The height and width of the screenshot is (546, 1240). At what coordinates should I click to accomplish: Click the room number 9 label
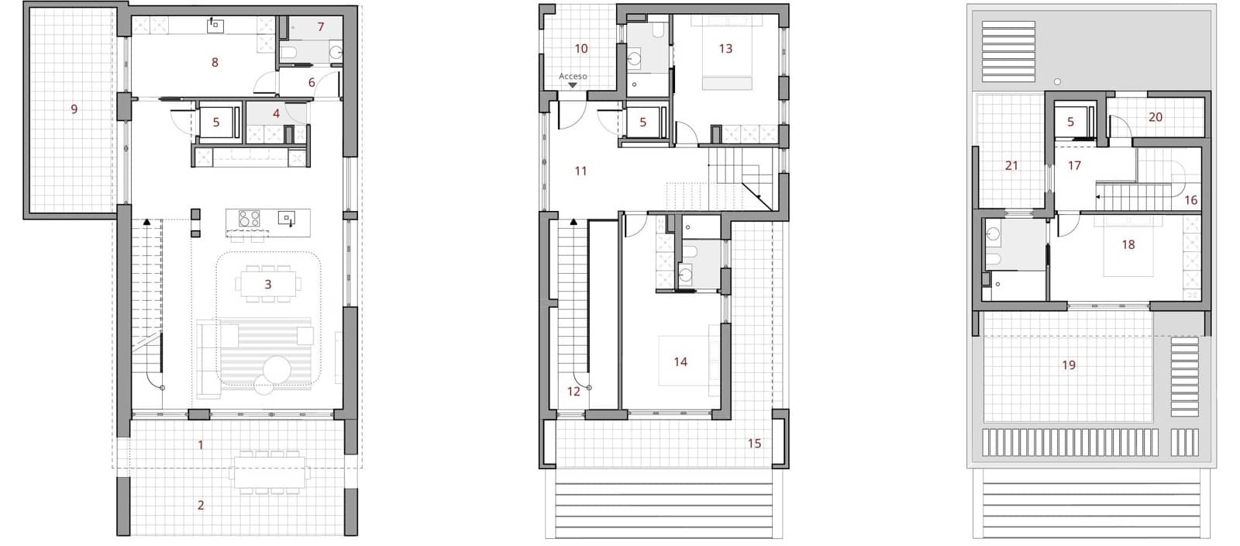click(74, 109)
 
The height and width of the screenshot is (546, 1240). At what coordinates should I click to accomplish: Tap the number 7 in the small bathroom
click(320, 27)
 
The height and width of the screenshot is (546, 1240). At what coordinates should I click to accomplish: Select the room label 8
click(215, 62)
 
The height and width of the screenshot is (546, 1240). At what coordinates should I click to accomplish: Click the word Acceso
click(573, 77)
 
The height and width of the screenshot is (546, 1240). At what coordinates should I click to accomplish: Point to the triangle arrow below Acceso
click(573, 85)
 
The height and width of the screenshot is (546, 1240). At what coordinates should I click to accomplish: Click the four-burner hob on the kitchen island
click(250, 218)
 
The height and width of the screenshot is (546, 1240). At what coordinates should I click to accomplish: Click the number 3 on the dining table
click(268, 285)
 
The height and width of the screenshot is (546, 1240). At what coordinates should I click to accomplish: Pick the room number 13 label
click(725, 49)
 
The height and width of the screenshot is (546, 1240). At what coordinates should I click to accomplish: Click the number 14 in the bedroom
click(680, 361)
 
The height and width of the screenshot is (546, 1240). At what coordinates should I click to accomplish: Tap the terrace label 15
click(754, 444)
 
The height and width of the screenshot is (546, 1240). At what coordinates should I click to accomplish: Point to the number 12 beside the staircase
click(573, 392)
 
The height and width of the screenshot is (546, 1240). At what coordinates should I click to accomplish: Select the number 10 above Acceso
click(581, 49)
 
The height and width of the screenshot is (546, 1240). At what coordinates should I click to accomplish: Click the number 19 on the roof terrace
click(1069, 365)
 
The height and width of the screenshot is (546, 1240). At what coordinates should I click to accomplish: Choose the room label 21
click(1011, 165)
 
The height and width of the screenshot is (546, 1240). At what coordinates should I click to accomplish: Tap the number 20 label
click(1156, 117)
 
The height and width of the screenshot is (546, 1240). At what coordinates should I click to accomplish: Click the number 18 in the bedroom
click(1128, 244)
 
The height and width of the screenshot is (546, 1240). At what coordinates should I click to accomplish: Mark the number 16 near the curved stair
click(1191, 200)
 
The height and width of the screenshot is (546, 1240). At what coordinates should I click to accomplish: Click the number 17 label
click(1074, 165)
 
